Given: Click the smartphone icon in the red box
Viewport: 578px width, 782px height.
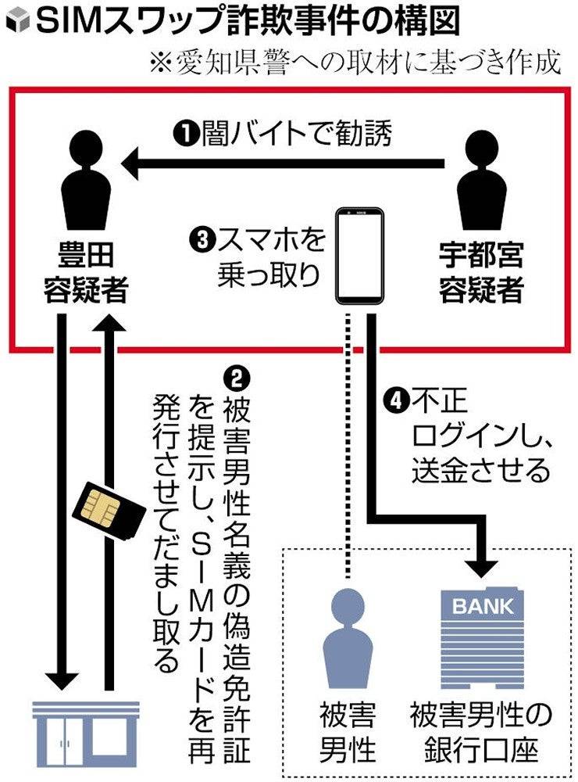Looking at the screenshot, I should [x=360, y=256].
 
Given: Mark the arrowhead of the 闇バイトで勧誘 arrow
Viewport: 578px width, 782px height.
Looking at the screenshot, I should [x=129, y=163].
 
